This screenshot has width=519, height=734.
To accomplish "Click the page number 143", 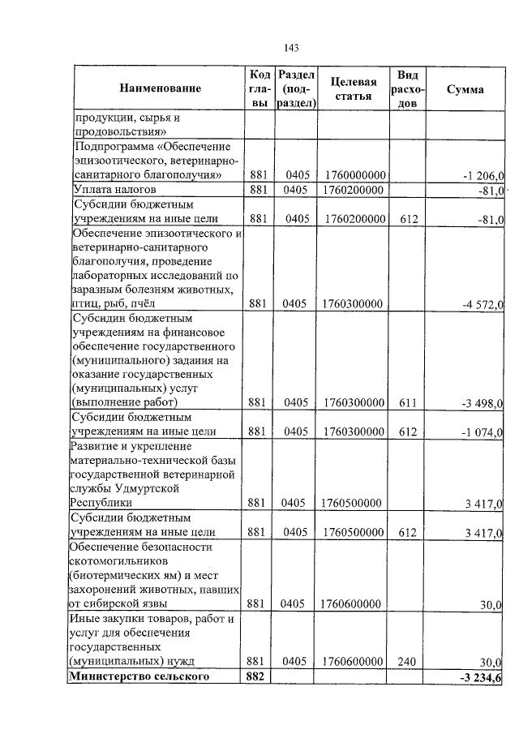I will (292, 47).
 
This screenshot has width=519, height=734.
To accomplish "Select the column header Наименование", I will (160, 88).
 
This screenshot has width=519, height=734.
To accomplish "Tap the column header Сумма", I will (465, 89).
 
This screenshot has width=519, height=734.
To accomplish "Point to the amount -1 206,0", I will (483, 176).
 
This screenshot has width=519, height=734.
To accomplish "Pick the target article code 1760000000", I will (353, 175).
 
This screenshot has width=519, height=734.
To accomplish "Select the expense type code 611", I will (407, 402).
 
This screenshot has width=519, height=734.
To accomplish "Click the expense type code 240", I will (407, 662).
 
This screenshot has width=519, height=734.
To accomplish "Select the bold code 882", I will (257, 676).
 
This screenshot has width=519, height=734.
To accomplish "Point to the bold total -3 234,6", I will (481, 677).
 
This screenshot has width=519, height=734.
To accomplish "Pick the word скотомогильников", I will (118, 560).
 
